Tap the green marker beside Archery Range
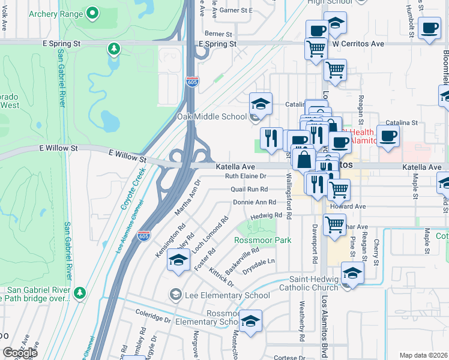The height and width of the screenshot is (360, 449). pyautogui.click(x=92, y=12)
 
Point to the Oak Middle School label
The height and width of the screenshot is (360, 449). pyautogui.click(x=211, y=116)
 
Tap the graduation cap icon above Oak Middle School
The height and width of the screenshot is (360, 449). pyautogui.click(x=261, y=103)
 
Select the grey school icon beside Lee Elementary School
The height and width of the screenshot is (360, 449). pyautogui.click(x=175, y=295)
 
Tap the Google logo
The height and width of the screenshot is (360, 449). pyautogui.click(x=20, y=353)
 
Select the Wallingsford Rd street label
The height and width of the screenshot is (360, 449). pyautogui.click(x=289, y=195)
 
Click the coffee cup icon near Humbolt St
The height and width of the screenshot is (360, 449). pyautogui.click(x=429, y=29)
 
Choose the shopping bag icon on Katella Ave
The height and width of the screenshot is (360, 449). pyautogui.click(x=304, y=160)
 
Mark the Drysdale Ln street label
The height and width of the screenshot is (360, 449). pyautogui.click(x=258, y=262)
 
